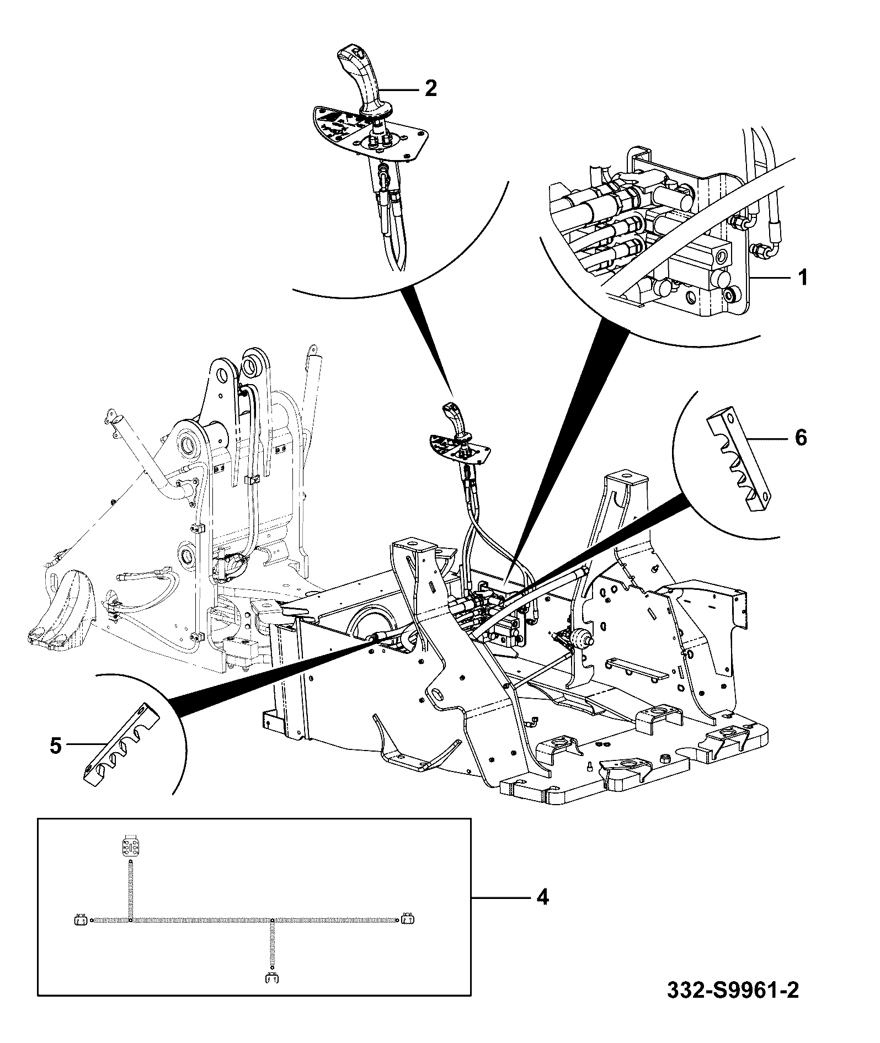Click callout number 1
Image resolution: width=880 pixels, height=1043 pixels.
click(803, 277)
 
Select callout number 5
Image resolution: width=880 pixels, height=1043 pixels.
click(55, 746)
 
